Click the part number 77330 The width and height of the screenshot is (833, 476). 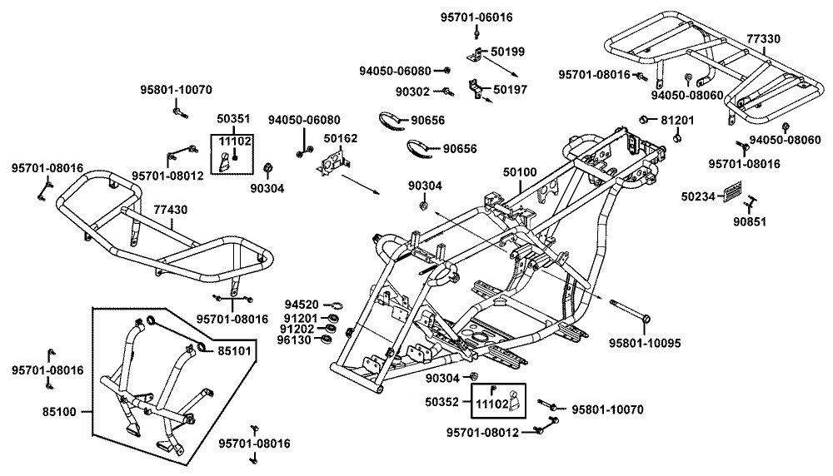[763, 39]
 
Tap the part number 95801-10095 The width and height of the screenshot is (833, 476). [645, 342]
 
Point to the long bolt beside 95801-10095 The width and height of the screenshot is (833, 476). [631, 310]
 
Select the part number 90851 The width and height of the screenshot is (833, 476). [751, 222]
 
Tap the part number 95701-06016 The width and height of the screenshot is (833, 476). [476, 17]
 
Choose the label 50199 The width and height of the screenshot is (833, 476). [507, 52]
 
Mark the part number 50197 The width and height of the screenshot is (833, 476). [509, 89]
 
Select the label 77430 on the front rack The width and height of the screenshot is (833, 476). [170, 211]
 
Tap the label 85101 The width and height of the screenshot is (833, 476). [234, 350]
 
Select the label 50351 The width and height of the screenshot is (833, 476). [233, 120]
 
